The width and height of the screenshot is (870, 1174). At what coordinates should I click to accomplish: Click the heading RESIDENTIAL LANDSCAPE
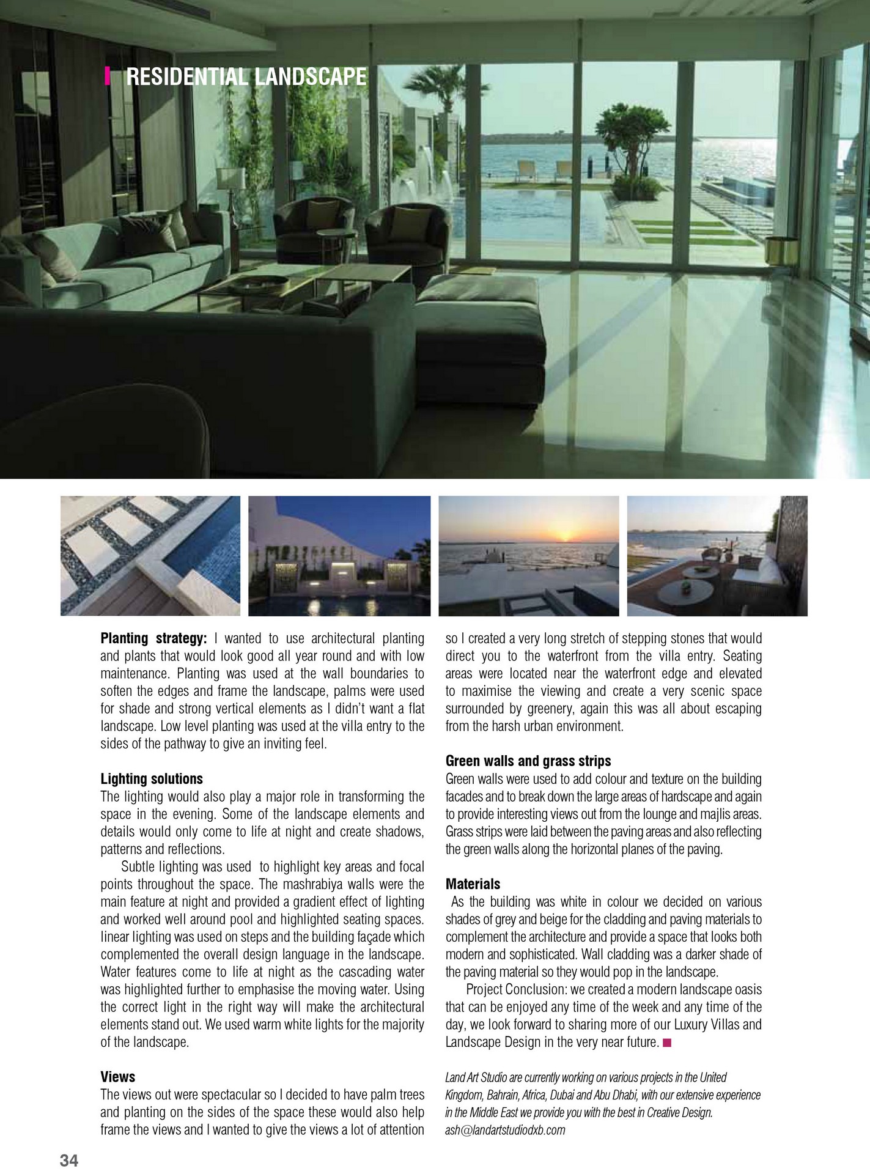[246, 77]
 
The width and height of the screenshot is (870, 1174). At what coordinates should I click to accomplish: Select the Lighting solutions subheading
[152, 779]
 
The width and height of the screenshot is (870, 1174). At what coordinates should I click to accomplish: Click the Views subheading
[118, 1077]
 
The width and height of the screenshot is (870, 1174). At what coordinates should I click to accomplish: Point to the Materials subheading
[473, 884]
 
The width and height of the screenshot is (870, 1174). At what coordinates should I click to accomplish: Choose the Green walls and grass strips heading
[528, 761]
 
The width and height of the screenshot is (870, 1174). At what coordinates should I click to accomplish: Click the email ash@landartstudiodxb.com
[505, 1130]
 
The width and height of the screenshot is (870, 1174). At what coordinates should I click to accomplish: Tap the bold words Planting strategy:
[153, 638]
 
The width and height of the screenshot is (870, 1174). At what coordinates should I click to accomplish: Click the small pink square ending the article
[667, 1043]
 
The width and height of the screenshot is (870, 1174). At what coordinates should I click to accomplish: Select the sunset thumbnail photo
[529, 555]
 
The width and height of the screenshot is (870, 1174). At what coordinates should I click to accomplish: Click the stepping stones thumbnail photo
[150, 555]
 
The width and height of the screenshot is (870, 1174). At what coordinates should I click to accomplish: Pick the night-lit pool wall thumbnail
[339, 555]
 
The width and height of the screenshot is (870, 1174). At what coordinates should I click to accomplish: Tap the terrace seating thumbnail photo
[717, 555]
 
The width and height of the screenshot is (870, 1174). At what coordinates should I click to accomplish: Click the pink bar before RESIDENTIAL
[108, 76]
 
